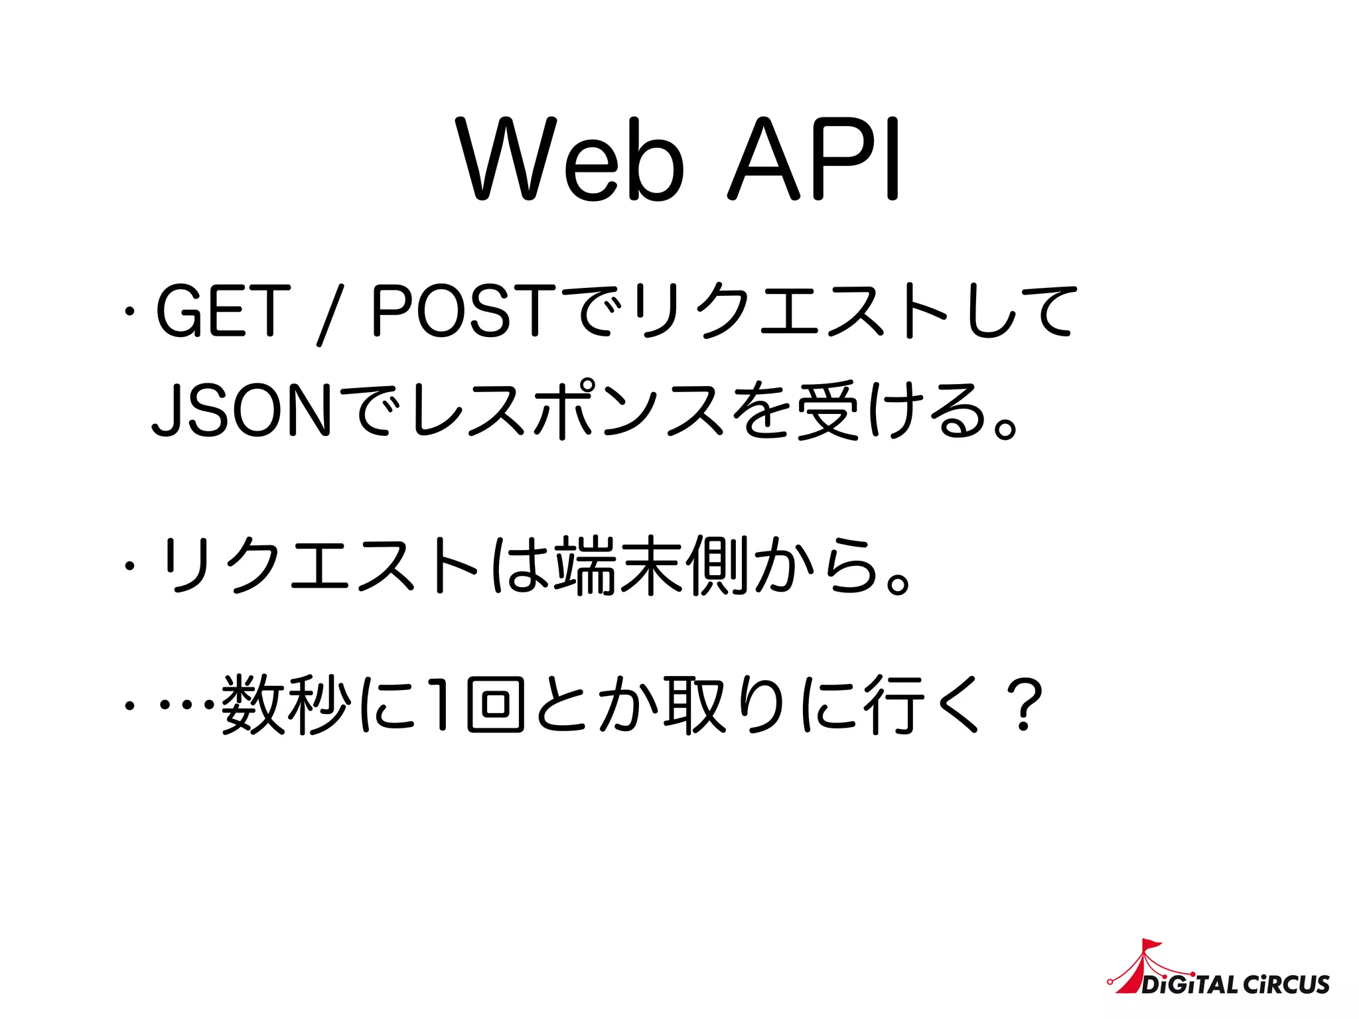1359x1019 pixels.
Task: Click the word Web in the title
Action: pos(571,159)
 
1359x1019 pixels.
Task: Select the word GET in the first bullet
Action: pos(222,310)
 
